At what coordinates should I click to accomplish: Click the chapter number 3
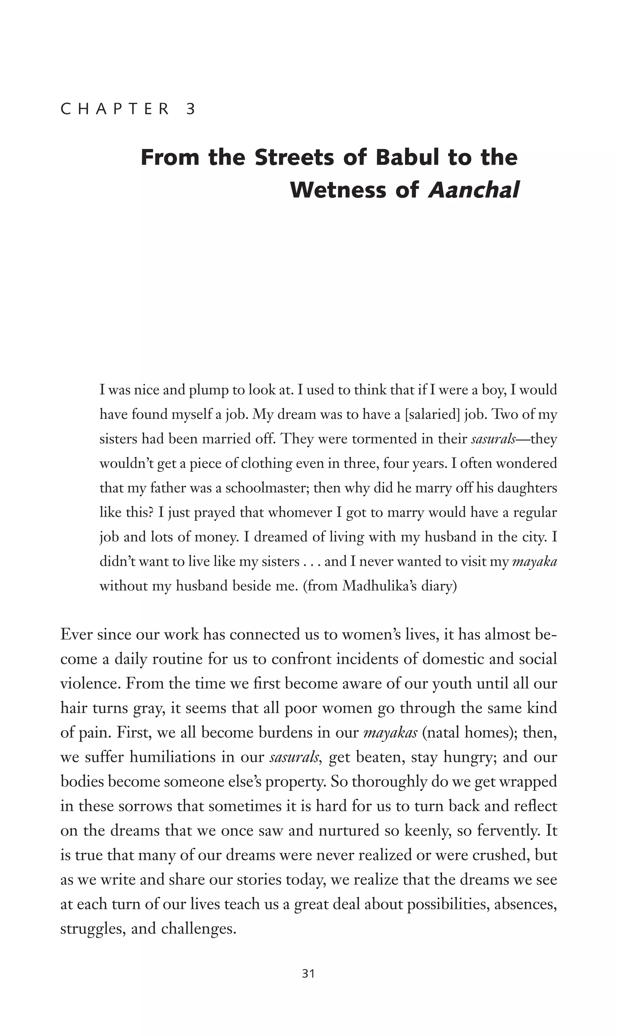pos(191,109)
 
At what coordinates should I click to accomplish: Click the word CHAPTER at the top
pos(115,109)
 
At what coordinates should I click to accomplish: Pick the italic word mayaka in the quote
pos(534,562)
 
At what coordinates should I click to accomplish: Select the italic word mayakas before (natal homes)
pos(390,733)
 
